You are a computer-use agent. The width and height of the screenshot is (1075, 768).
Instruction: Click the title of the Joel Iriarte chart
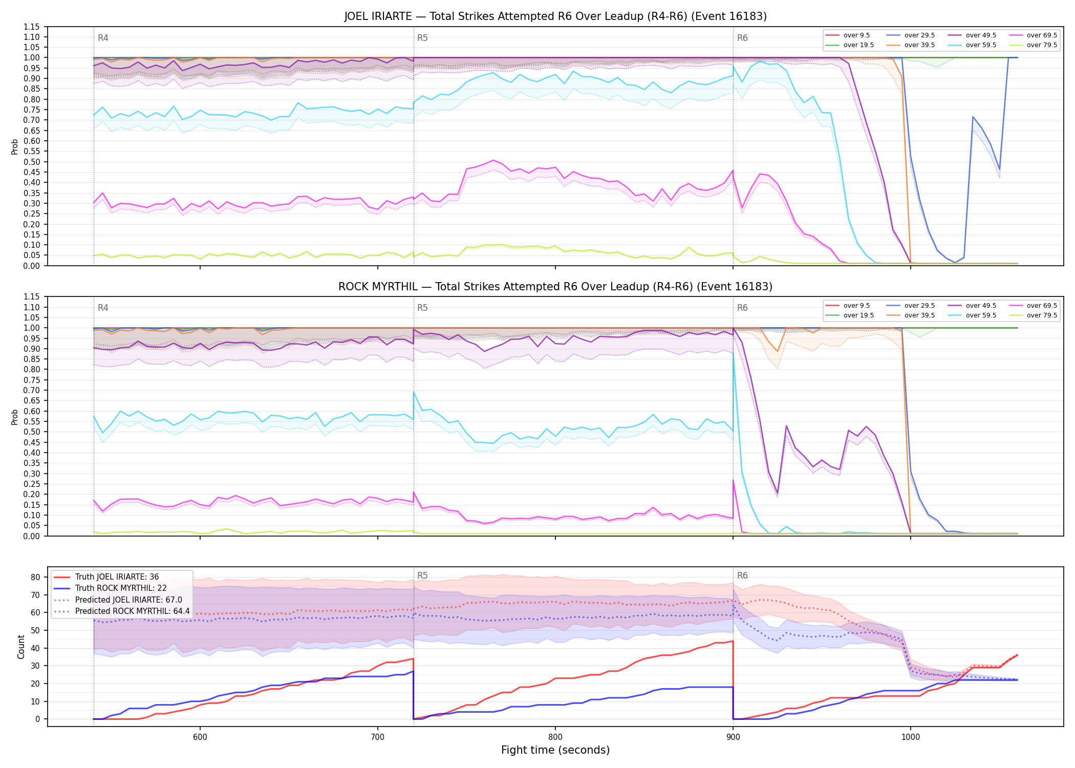click(555, 16)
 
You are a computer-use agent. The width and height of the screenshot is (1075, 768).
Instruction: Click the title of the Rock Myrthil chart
click(555, 287)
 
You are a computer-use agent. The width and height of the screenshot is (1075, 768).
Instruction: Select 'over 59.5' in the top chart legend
click(981, 45)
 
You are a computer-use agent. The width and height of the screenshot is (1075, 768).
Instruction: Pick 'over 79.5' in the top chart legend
click(1042, 45)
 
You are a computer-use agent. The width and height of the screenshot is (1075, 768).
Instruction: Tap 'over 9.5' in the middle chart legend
click(856, 306)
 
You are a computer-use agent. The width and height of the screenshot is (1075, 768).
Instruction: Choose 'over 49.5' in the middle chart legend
click(981, 306)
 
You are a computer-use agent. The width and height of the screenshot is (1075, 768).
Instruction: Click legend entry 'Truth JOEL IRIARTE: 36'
click(117, 577)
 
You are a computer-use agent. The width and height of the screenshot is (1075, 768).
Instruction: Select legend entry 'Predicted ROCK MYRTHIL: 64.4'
click(133, 611)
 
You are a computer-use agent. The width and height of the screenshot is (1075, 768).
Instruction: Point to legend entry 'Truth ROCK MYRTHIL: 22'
click(121, 588)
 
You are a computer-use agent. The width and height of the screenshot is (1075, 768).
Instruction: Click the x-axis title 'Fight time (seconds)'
click(555, 750)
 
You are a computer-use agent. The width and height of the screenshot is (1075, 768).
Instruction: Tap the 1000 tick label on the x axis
click(910, 737)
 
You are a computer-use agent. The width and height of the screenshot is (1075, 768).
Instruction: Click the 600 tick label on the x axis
click(200, 737)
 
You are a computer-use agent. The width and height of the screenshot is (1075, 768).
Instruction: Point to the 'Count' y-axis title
click(21, 647)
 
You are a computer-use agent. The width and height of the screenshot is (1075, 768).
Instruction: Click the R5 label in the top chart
click(422, 38)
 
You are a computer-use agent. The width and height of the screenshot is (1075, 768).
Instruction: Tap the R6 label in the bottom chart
click(742, 575)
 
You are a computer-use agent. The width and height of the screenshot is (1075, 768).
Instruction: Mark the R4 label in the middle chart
click(103, 308)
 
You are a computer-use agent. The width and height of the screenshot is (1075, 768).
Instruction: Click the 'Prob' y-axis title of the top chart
click(15, 146)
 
